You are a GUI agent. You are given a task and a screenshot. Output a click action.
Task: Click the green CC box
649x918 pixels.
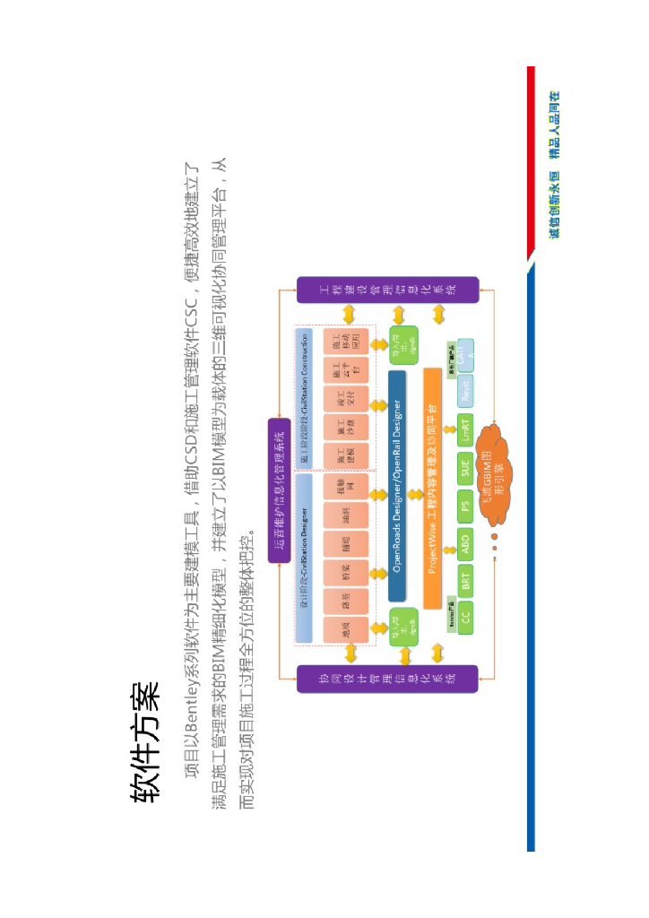pos(464,616)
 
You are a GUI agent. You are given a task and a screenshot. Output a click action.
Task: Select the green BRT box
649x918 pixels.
pos(464,580)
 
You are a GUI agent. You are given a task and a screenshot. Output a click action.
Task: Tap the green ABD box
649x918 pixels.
pos(464,541)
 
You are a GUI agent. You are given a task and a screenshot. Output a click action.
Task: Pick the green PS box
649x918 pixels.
pos(464,505)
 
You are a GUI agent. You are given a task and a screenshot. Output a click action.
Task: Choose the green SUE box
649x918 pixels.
pos(464,466)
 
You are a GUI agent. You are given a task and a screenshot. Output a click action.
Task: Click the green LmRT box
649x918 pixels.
pos(464,428)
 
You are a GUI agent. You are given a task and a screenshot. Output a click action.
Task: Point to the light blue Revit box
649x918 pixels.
pos(464,392)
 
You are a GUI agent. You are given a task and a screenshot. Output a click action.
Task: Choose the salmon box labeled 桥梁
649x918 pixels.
pos(346,572)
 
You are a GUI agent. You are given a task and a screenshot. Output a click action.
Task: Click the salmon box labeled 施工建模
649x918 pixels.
pos(346,455)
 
